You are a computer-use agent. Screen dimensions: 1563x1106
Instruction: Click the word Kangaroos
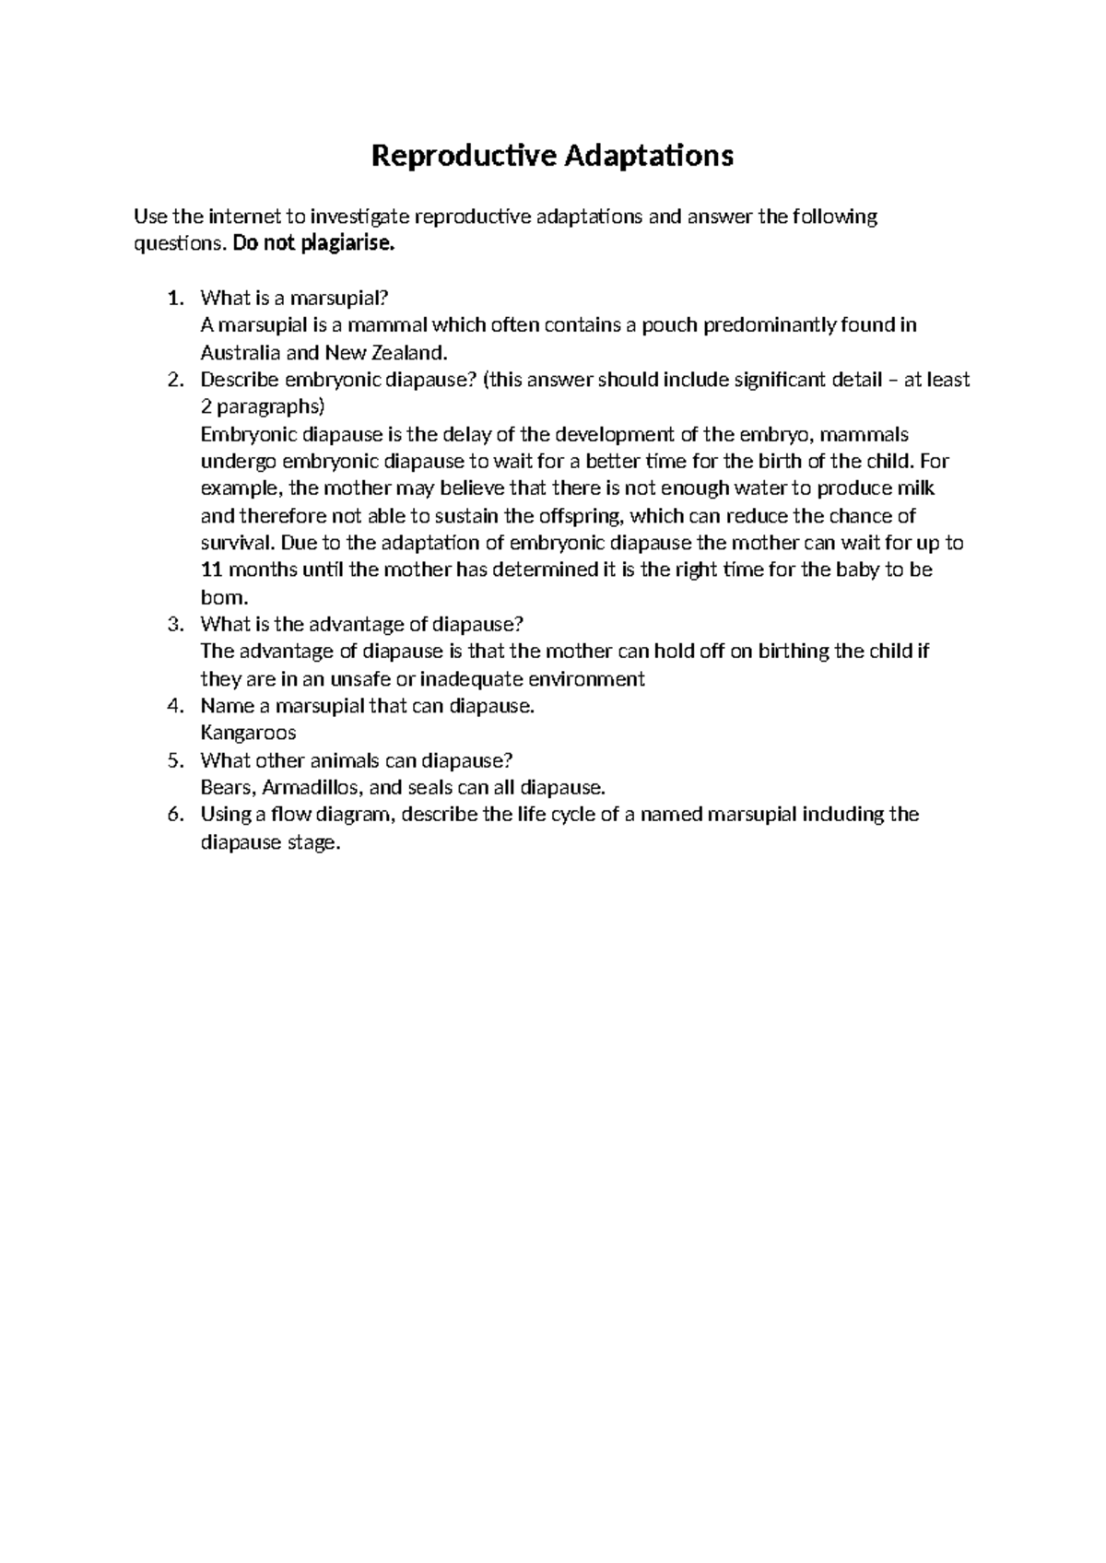248,734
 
